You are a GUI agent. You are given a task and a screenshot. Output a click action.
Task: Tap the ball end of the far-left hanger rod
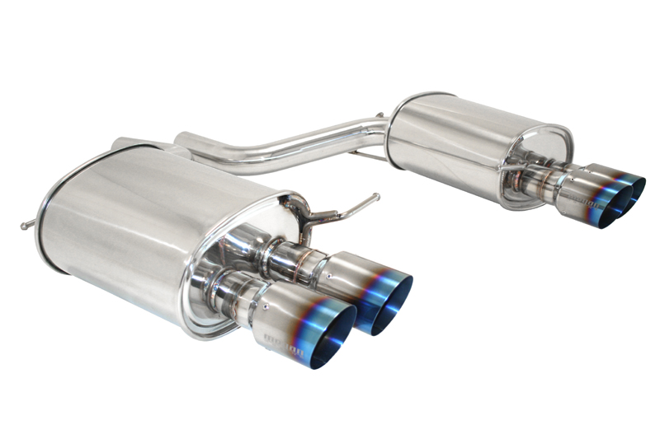(25, 225)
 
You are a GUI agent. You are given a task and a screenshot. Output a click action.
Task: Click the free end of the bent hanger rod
(376, 197)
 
